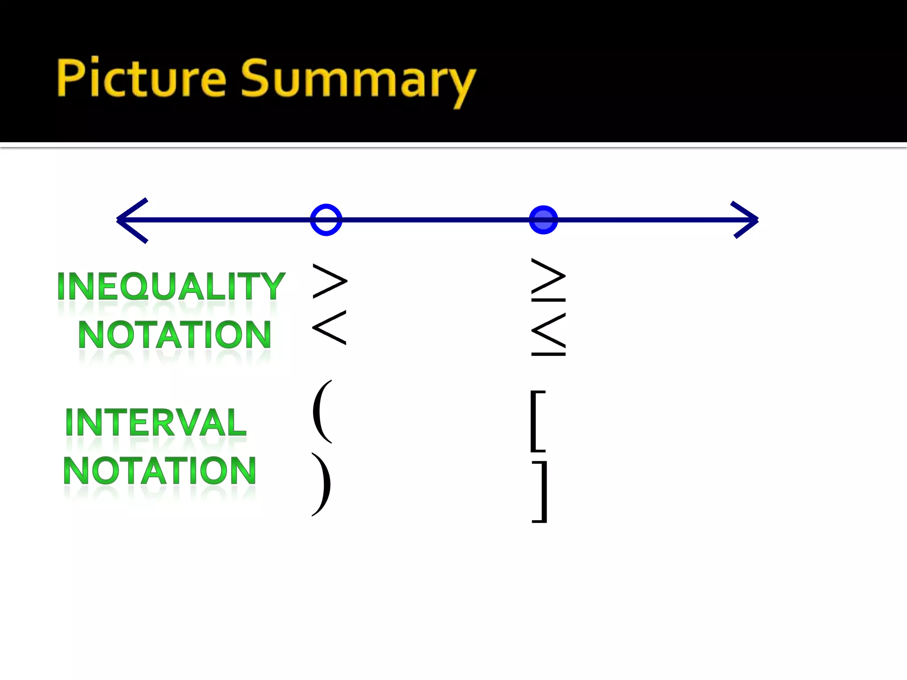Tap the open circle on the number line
[326, 220]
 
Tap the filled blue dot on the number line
[543, 220]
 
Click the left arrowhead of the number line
[132, 220]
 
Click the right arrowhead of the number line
[745, 220]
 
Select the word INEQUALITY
[171, 286]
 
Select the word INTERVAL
[155, 422]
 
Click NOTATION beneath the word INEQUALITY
[174, 335]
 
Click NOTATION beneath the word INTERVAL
[159, 471]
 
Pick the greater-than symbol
[329, 281]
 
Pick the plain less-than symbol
[329, 328]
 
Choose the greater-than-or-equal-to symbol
[548, 280]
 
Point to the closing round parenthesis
[322, 484]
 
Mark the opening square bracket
[538, 421]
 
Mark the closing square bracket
[540, 491]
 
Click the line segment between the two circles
[434, 220]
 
